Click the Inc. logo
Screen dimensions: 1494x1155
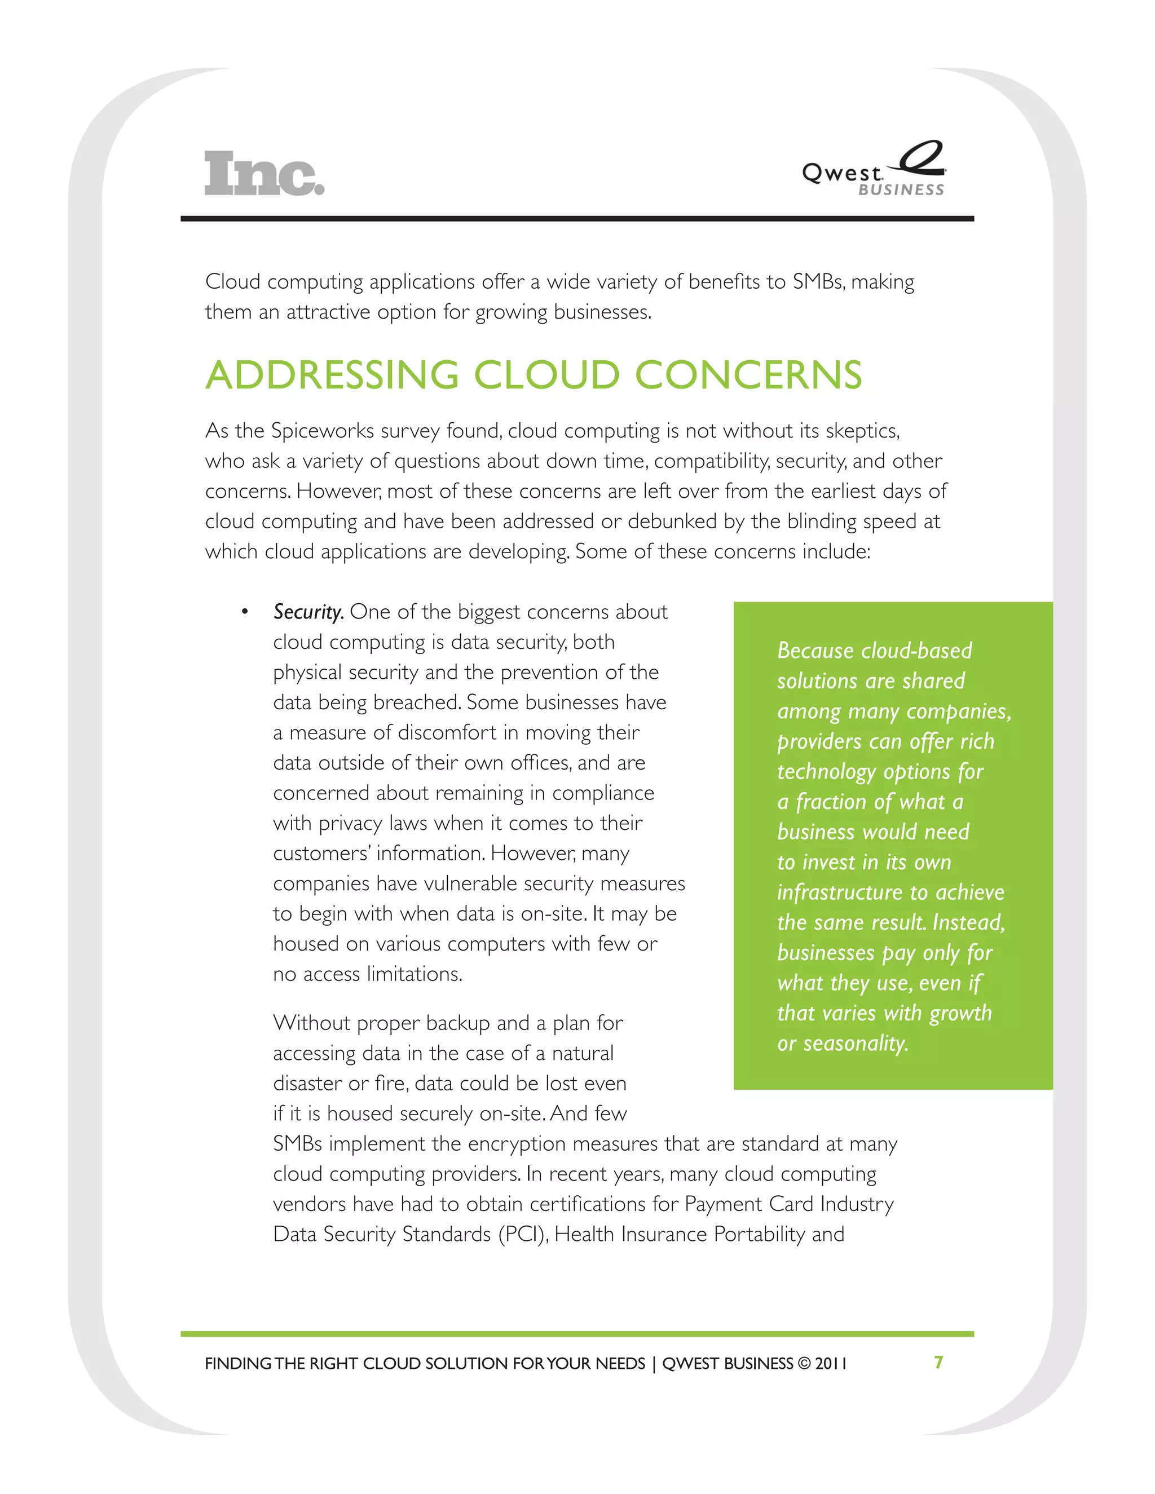(x=264, y=173)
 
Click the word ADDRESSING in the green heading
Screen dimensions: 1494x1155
(x=332, y=375)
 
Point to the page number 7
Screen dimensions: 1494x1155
(x=939, y=1362)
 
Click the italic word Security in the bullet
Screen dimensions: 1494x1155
(x=308, y=612)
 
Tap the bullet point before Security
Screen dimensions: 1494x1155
(x=244, y=612)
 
